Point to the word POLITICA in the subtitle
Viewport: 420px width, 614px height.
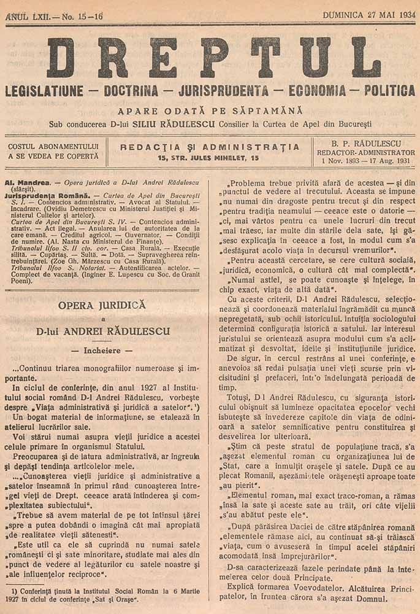tap(389, 91)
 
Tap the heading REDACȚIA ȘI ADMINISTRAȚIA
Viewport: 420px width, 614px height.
tap(210, 147)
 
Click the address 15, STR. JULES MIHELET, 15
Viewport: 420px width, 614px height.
tap(208, 159)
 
